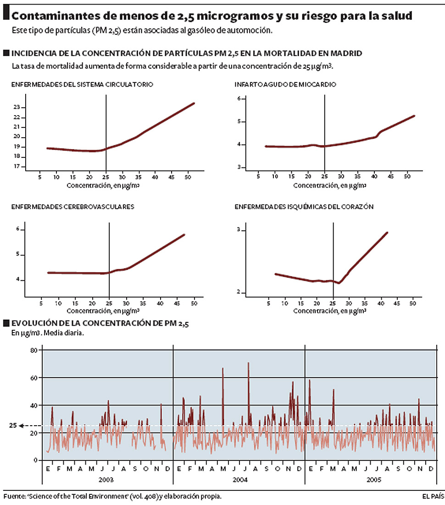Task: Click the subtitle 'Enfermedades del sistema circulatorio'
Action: coord(82,85)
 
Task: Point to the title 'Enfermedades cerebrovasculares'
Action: coord(72,207)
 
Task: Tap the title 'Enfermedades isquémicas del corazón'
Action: coord(304,207)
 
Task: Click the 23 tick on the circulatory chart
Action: coord(17,107)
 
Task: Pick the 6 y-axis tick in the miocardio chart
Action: coord(239,99)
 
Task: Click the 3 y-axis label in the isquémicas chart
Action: coord(238,230)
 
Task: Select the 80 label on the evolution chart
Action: coord(33,350)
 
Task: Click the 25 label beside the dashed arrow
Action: coord(13,426)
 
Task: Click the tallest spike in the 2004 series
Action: coord(248,363)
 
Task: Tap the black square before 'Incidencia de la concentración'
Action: coord(6,53)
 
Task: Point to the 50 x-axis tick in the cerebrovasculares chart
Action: coord(195,303)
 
